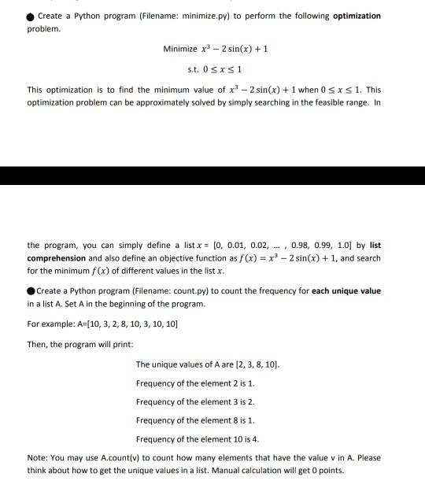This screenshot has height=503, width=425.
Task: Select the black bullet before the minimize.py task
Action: pos(30,16)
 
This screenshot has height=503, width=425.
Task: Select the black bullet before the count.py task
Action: pos(31,290)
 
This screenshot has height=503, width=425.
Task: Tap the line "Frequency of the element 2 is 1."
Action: pos(195,383)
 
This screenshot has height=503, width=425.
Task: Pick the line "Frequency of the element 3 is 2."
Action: pos(195,401)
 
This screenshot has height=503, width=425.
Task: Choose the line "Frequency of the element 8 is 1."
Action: pos(195,420)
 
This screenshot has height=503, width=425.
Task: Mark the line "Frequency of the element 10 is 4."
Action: pos(198,438)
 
